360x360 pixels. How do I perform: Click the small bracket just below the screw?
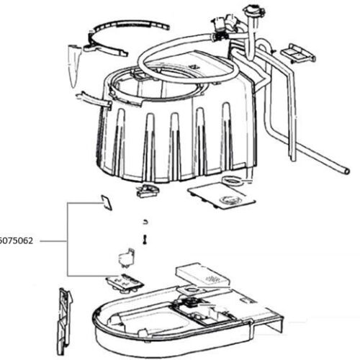pyautogui.click(x=127, y=258)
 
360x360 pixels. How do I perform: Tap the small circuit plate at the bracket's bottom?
pyautogui.click(x=124, y=282)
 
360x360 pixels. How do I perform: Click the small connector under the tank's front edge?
pyautogui.click(x=148, y=191)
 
